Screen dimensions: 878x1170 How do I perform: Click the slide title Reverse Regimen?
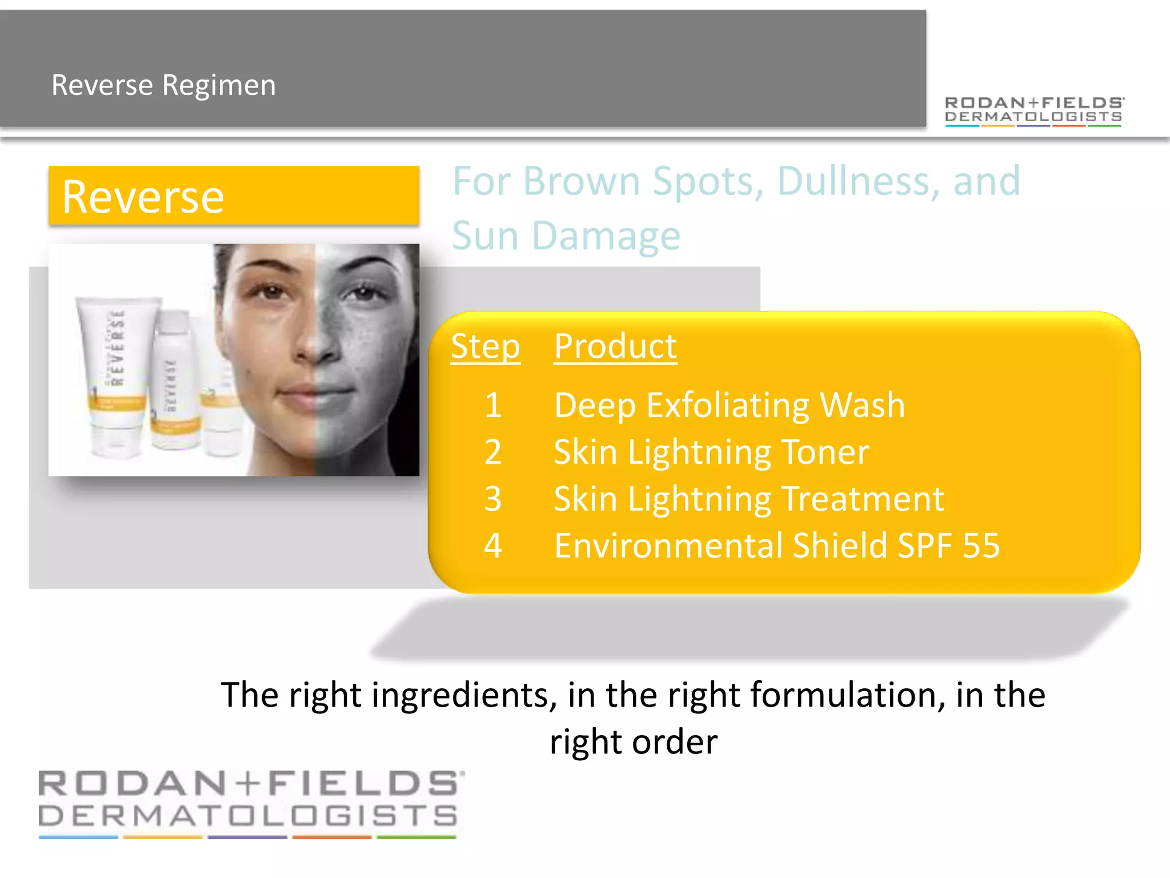click(x=163, y=85)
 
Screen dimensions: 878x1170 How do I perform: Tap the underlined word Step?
click(x=485, y=346)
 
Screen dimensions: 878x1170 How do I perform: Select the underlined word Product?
click(x=615, y=346)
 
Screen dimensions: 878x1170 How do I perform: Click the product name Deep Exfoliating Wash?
click(x=730, y=405)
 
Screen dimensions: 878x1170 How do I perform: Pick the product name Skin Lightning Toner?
click(x=711, y=452)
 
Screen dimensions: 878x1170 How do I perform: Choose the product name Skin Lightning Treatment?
click(x=748, y=499)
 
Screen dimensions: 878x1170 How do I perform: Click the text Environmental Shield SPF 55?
click(x=777, y=545)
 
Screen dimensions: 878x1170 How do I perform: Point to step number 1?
click(x=492, y=405)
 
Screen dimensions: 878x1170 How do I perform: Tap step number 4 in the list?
click(x=492, y=545)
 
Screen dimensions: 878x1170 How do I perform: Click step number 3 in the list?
click(x=492, y=499)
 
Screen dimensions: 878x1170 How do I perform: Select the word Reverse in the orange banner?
click(x=143, y=197)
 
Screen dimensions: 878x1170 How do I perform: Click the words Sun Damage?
click(x=566, y=236)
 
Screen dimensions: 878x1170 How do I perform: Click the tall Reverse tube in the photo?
click(x=117, y=374)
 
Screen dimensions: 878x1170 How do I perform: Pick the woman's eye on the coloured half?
click(x=271, y=293)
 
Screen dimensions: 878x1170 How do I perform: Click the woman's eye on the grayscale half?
click(x=364, y=293)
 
